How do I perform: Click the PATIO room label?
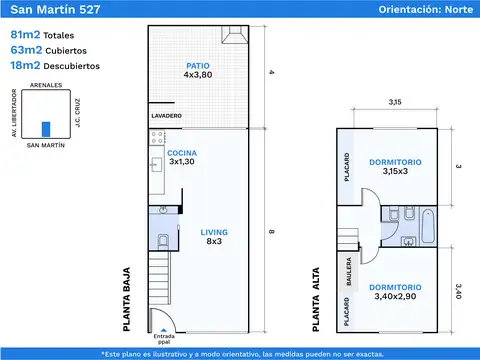point(198,66)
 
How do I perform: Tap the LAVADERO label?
point(166,116)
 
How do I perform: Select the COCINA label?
point(182,153)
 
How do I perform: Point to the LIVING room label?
point(214,232)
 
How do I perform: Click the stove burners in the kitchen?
point(157,137)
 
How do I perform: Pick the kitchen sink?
point(156,165)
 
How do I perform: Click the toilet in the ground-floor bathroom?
point(163,241)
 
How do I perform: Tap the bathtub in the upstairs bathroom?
point(428,226)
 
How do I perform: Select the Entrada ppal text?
point(164,339)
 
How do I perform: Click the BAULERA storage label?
point(349,271)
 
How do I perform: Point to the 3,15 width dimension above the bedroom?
point(395,102)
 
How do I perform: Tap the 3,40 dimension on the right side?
point(459,291)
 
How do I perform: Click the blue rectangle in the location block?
point(46,129)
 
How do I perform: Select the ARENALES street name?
point(46,85)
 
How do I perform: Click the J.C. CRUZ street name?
point(77,113)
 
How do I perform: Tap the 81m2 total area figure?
point(25,34)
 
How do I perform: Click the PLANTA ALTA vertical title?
point(316,299)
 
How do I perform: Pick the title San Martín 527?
point(55,9)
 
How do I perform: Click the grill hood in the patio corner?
point(235,35)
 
